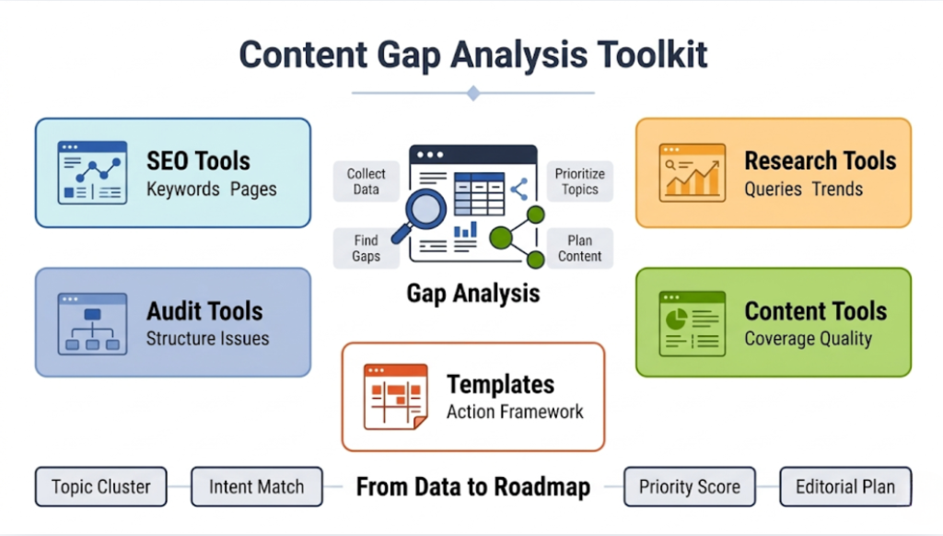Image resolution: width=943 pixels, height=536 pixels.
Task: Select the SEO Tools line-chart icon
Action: tap(92, 172)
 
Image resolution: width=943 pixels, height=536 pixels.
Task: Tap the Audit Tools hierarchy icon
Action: tap(92, 323)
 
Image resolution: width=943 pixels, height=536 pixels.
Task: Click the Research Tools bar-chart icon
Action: tap(692, 172)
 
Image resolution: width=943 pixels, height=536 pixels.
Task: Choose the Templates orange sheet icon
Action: tap(395, 397)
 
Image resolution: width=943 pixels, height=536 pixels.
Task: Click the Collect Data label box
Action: tap(367, 181)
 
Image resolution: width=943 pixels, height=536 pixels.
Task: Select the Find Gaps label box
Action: tap(367, 249)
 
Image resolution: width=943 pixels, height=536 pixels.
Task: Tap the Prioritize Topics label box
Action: tap(580, 181)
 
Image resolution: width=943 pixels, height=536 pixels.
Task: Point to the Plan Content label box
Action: tap(580, 249)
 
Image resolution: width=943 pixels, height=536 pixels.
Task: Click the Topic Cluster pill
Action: tap(101, 486)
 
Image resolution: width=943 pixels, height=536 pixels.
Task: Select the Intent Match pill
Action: tap(257, 486)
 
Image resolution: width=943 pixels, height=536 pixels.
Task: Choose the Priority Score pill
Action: tap(689, 486)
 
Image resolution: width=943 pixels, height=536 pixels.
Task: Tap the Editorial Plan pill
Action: tap(845, 486)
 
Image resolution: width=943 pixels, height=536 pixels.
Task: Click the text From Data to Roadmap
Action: tap(473, 486)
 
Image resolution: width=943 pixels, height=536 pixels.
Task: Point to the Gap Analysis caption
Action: tap(473, 294)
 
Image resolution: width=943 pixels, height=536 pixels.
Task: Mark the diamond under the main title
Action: tap(473, 92)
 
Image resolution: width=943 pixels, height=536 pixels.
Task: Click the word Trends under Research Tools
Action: tap(837, 190)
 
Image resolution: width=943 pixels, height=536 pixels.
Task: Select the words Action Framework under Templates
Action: tap(515, 412)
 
